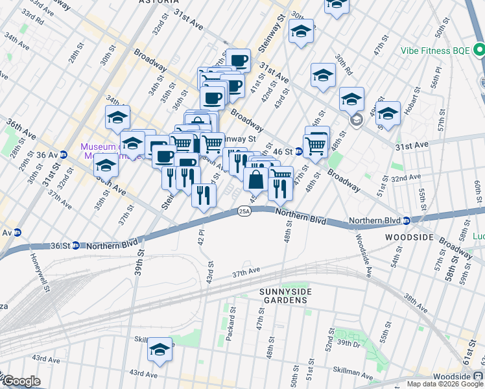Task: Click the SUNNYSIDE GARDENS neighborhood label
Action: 286,295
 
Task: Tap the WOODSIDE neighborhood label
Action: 408,238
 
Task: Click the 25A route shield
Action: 244,211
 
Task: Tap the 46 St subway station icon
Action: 299,152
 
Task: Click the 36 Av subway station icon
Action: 64,154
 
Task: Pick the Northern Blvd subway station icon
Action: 405,220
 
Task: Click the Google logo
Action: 21,381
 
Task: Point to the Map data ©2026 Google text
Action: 445,384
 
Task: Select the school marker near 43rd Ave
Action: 160,351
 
